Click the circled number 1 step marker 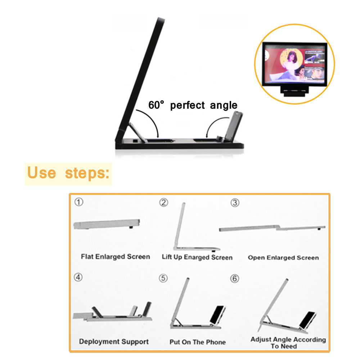[79, 202]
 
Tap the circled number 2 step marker [164, 202]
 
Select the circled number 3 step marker [235, 203]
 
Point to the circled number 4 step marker [78, 277]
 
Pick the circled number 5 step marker [163, 278]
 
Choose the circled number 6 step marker [234, 279]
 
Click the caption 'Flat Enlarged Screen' [115, 257]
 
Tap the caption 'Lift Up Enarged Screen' [197, 257]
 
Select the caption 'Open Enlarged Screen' [283, 258]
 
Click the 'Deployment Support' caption [114, 342]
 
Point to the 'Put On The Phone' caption [197, 342]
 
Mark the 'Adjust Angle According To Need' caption [288, 343]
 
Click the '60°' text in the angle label [156, 105]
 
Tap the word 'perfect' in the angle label [187, 105]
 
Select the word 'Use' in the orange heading [41, 172]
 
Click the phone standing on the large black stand [233, 126]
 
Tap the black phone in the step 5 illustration [217, 315]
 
